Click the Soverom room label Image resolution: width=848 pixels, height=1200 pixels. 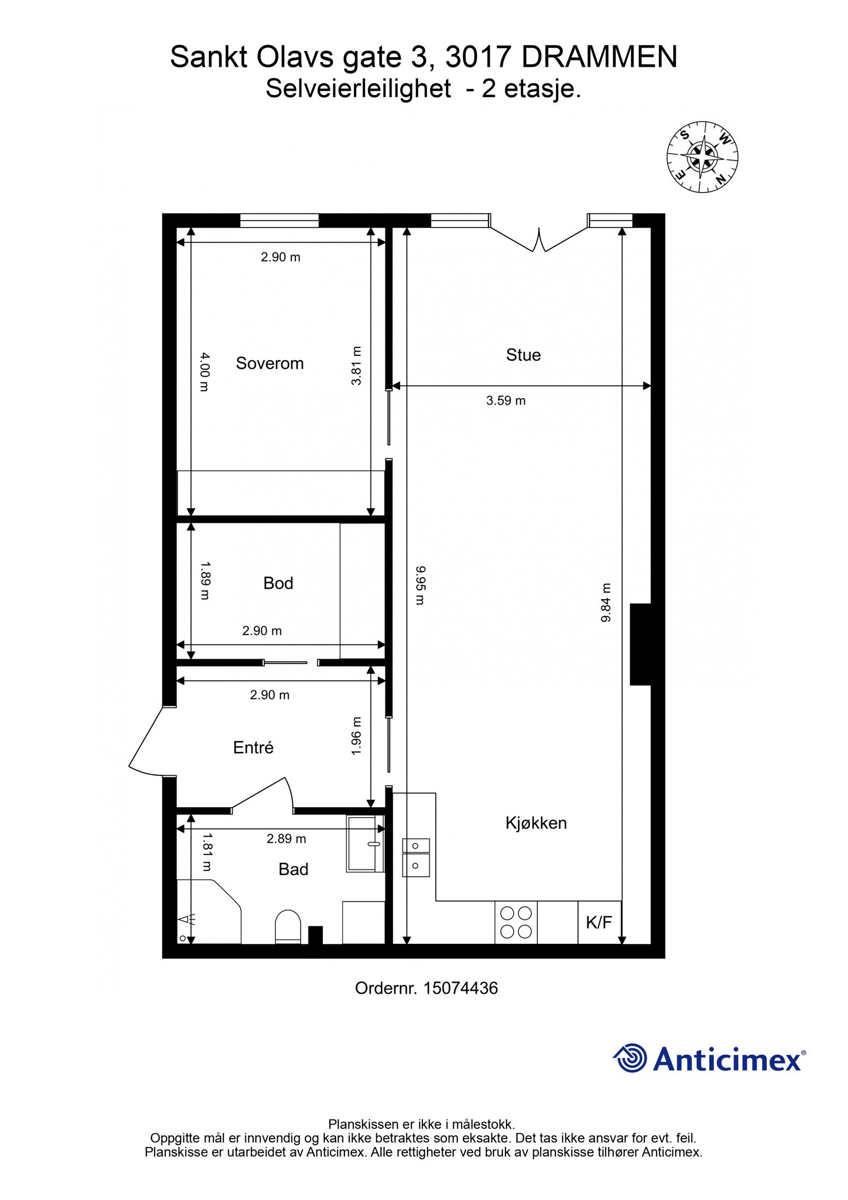(269, 363)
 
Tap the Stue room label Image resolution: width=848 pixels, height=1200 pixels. (523, 355)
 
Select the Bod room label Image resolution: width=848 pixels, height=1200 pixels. (278, 583)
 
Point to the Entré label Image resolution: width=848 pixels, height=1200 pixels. (253, 748)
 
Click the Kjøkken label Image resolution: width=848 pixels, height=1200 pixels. (535, 823)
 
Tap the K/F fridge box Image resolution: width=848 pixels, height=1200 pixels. (598, 923)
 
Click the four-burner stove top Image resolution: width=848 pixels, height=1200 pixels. (516, 922)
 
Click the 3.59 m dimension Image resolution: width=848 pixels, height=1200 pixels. (506, 401)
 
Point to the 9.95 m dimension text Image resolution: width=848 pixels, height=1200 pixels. (420, 585)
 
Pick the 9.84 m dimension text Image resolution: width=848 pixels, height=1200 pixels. (606, 603)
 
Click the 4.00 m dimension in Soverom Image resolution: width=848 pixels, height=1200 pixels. (205, 372)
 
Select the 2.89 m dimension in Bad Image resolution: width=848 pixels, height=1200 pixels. (286, 839)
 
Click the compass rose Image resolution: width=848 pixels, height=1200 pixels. (702, 157)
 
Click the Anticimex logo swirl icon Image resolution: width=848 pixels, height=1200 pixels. (630, 1058)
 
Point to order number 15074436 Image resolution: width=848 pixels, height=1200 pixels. (460, 988)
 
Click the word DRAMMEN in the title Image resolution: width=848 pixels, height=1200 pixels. (599, 57)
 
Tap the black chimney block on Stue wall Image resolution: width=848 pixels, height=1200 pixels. (640, 644)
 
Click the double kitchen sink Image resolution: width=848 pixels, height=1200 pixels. (416, 857)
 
